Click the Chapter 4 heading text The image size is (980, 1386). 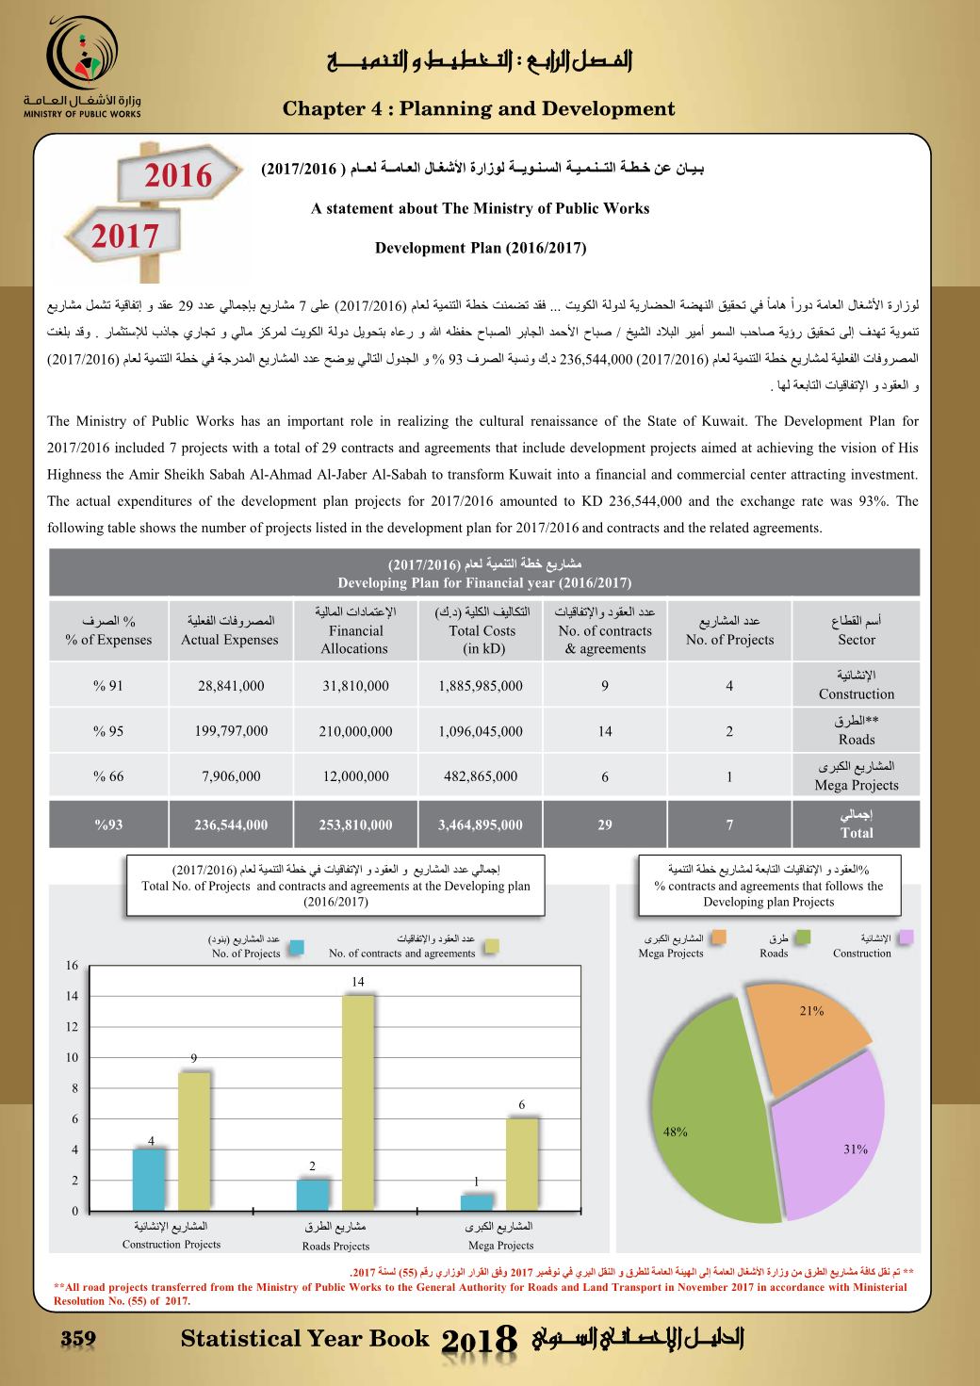[x=479, y=108]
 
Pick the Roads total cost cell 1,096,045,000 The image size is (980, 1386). [x=481, y=731]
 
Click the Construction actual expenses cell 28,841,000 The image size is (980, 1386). [x=231, y=686]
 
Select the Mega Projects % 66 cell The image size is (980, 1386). [x=108, y=777]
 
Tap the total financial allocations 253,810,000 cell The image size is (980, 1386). [x=356, y=825]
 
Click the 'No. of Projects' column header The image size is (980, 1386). [x=729, y=630]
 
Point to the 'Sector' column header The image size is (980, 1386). [x=856, y=630]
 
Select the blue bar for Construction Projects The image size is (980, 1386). [x=150, y=1179]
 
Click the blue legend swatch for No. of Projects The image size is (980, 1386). [x=297, y=948]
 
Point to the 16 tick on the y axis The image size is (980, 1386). [x=72, y=966]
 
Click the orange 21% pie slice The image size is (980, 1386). [x=810, y=1036]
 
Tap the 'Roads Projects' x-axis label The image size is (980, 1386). [x=335, y=1246]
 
